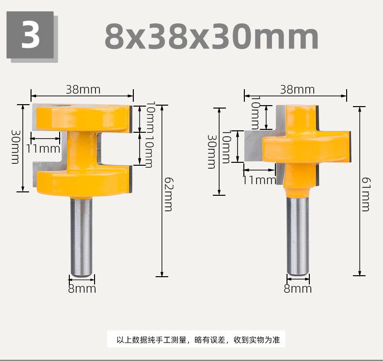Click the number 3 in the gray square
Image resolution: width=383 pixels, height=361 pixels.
click(30, 35)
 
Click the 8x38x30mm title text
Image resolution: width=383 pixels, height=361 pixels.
click(212, 37)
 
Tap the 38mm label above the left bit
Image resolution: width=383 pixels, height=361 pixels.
click(83, 90)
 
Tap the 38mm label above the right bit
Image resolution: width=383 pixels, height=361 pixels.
click(297, 90)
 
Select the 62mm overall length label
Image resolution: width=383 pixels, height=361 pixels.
click(168, 194)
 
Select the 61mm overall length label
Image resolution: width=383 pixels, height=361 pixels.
click(366, 194)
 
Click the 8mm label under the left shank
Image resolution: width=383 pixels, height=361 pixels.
click(82, 289)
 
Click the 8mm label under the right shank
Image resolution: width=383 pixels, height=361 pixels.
click(298, 289)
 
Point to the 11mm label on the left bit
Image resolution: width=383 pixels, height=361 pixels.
click(43, 149)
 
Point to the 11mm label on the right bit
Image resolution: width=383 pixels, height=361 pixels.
click(259, 180)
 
